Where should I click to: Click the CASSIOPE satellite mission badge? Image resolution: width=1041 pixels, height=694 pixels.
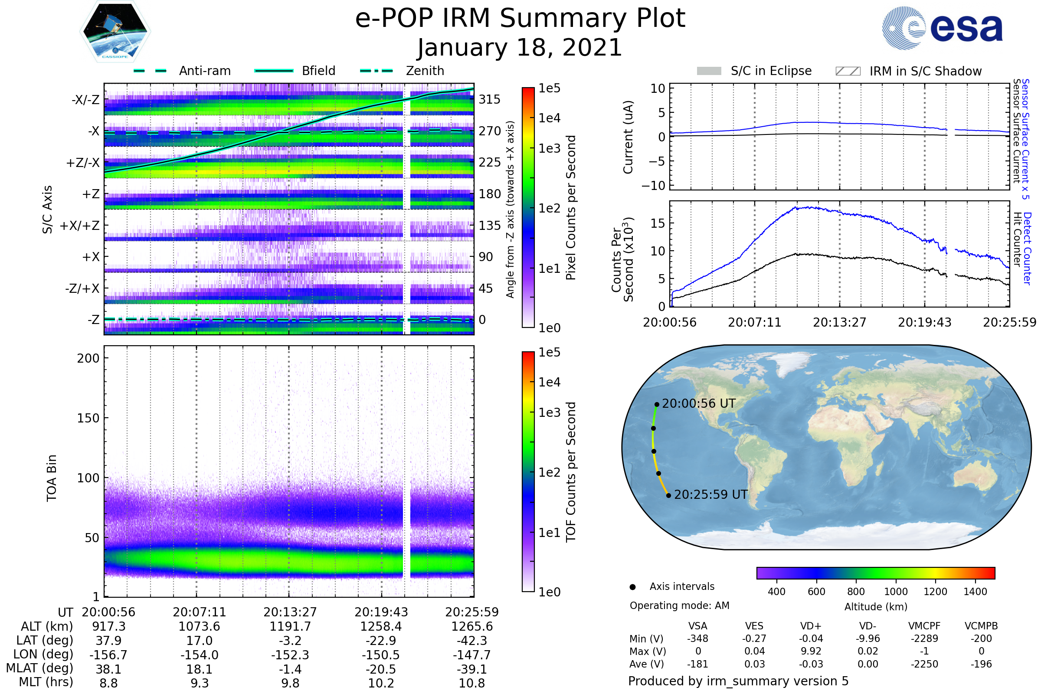coord(115,31)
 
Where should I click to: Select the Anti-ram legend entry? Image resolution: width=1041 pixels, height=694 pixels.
coord(204,71)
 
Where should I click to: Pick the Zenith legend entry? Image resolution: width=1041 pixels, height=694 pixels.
coord(425,71)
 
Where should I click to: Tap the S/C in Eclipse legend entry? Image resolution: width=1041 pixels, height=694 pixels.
coord(771,71)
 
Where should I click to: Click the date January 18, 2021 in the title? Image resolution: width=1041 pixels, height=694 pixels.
coord(520,48)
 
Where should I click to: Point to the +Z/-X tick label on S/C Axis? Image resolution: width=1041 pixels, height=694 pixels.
coord(83,163)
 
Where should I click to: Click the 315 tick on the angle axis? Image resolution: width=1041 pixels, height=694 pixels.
coord(490,99)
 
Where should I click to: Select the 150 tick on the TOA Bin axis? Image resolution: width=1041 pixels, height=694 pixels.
coord(88,418)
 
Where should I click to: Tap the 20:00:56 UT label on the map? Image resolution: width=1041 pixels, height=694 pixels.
coord(698,404)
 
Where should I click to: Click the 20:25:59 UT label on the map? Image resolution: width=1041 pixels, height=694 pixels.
coord(711,494)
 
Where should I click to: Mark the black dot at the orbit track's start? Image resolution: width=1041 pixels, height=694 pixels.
coord(657,405)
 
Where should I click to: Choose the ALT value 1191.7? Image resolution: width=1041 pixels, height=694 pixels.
coord(290,627)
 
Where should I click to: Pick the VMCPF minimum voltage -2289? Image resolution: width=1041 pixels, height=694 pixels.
coord(924,638)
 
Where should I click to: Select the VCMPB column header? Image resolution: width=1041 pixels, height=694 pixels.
coord(981,626)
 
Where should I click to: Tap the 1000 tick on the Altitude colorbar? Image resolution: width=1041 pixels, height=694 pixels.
coord(896,592)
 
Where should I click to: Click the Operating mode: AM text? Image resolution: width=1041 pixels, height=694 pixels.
coord(679,606)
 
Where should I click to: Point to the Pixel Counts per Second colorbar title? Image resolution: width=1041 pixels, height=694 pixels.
coord(571,207)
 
